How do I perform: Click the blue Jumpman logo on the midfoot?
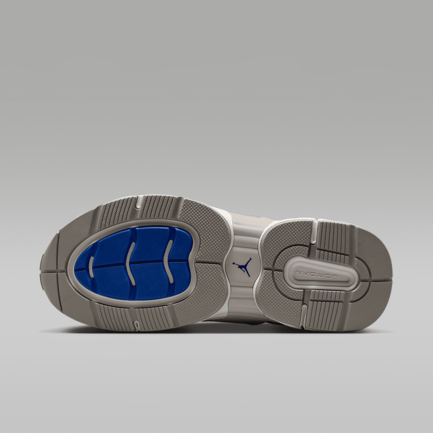coord(242,267)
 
